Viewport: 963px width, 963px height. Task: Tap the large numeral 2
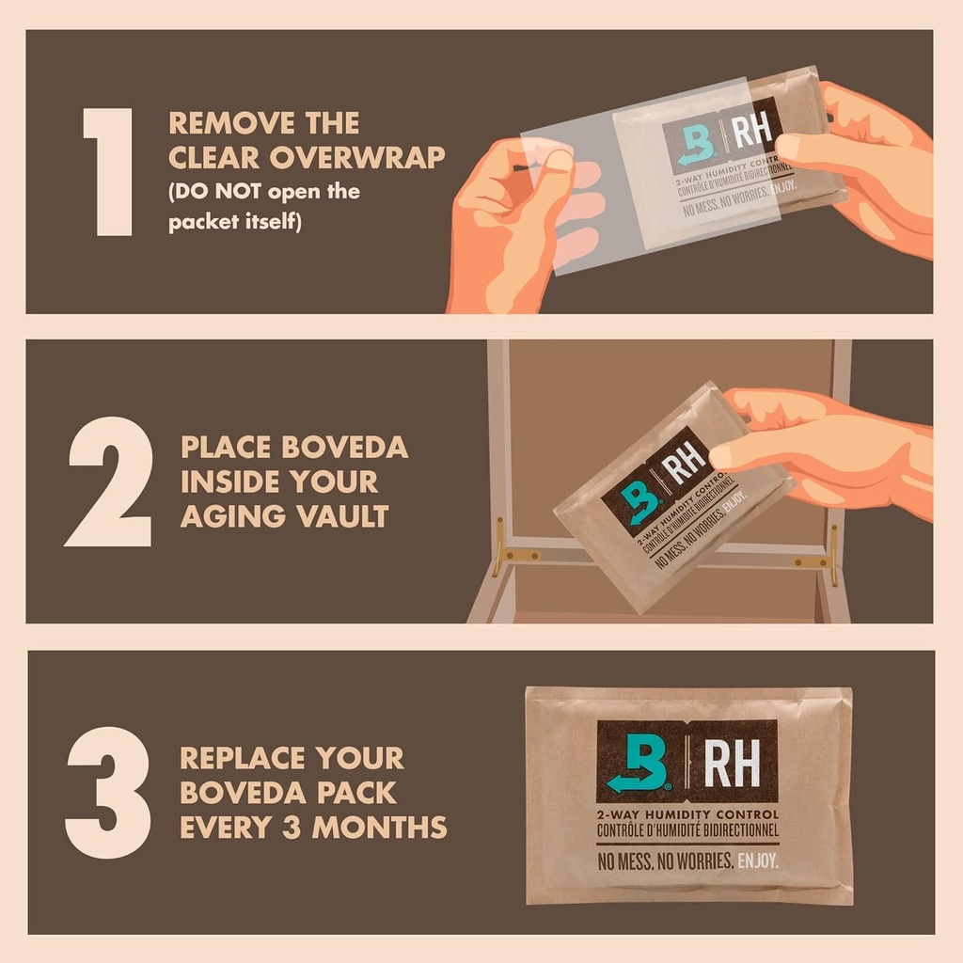coord(109,481)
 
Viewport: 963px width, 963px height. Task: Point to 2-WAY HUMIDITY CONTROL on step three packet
coord(687,814)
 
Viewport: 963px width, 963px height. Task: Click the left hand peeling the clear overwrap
coord(513,221)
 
